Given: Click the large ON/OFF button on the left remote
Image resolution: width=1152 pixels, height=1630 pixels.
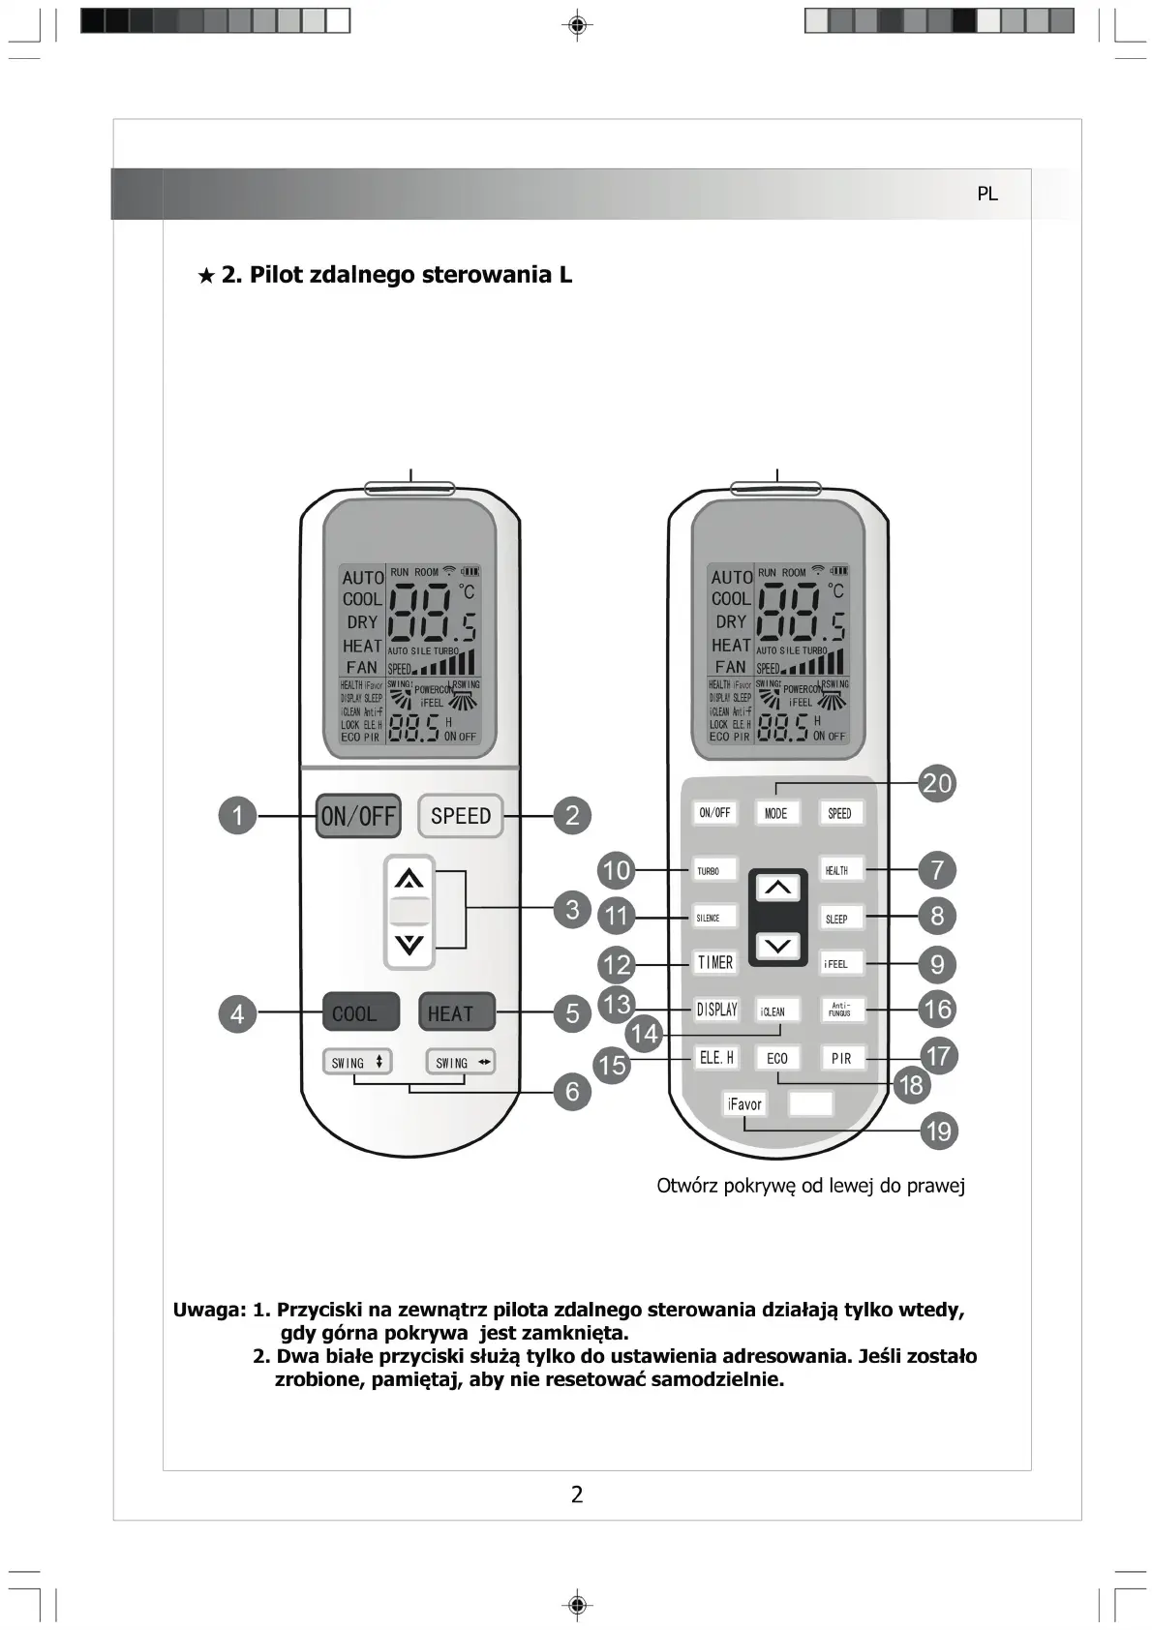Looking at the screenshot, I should pyautogui.click(x=358, y=816).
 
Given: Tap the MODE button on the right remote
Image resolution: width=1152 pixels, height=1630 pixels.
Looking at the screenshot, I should pyautogui.click(x=776, y=813).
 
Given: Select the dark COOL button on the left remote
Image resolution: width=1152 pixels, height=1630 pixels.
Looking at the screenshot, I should pyautogui.click(x=359, y=1013).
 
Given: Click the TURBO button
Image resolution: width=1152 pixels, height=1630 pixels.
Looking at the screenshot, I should pyautogui.click(x=714, y=870).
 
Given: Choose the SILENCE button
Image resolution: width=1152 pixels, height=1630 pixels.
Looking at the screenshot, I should pyautogui.click(x=714, y=918).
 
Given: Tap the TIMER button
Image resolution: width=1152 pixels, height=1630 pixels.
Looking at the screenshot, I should pyautogui.click(x=715, y=962).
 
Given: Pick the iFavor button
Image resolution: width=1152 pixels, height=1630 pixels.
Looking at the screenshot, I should pyautogui.click(x=744, y=1104).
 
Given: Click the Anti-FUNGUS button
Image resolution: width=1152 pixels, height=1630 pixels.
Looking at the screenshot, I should pyautogui.click(x=840, y=1011).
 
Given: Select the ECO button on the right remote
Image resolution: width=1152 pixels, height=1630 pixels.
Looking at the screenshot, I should pyautogui.click(x=777, y=1058).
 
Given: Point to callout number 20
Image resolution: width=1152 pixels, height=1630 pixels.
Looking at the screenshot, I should pyautogui.click(x=937, y=783).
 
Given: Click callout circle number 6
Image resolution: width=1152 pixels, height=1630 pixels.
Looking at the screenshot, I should pyautogui.click(x=572, y=1092).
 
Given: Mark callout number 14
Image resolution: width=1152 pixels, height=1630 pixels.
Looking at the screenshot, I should pyautogui.click(x=644, y=1034).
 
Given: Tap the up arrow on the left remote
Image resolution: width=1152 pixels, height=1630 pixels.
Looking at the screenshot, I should pyautogui.click(x=409, y=879).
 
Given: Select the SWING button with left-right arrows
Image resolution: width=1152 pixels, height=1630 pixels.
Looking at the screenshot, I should pyautogui.click(x=461, y=1062).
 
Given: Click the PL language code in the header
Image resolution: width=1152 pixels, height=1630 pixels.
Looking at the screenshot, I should pyautogui.click(x=986, y=194).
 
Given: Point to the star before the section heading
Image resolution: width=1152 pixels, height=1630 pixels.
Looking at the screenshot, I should pyautogui.click(x=206, y=276).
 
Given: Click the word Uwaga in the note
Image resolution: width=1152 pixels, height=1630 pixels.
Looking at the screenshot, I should pyautogui.click(x=207, y=1311).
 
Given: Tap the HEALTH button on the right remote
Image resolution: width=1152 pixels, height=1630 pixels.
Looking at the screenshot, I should pyautogui.click(x=838, y=870).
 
